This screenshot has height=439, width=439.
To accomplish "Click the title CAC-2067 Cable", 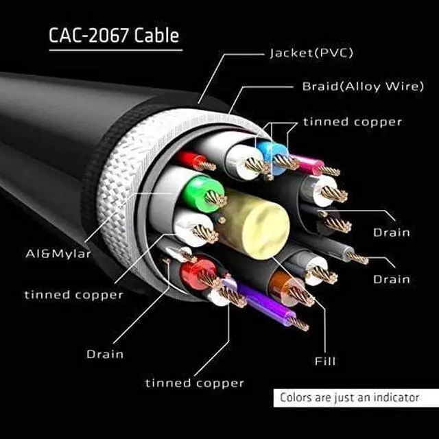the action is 114,35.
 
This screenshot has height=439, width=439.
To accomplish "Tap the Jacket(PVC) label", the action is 311,53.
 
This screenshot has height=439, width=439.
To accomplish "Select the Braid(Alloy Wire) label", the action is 363,86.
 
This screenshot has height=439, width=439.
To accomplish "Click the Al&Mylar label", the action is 58,254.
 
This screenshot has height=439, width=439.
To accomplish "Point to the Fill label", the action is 325,361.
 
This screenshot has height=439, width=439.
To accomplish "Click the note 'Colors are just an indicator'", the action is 349,398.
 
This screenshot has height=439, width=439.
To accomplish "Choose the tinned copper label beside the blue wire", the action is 353,122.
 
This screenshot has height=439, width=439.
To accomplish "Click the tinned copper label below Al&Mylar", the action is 74,295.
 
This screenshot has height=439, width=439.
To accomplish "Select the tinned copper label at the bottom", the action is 195,383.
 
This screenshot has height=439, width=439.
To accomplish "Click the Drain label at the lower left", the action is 105,354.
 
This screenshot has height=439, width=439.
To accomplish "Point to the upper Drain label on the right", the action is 392,233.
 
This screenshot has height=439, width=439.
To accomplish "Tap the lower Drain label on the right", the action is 392,279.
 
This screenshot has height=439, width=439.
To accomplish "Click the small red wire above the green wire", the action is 191,160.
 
